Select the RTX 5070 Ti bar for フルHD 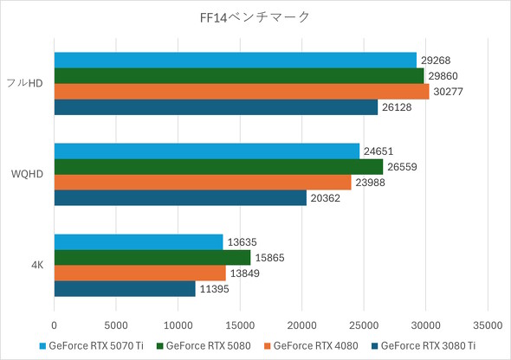tap(235, 60)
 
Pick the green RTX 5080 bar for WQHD tap(218, 167)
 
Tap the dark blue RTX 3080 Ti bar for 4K tap(125, 288)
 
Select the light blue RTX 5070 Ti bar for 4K tap(139, 242)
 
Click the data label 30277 tap(449, 92)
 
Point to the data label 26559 tap(403, 167)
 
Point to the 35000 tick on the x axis tap(487, 325)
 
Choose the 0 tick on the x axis tap(55, 325)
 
